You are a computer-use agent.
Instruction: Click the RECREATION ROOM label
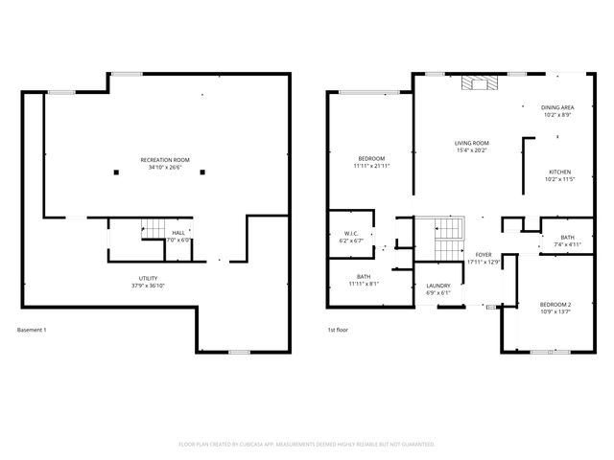165,159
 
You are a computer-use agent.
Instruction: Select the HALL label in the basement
178,233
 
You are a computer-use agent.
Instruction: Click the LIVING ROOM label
472,143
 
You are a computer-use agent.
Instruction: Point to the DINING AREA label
556,107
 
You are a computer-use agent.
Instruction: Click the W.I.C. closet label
351,234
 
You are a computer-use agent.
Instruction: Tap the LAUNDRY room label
438,286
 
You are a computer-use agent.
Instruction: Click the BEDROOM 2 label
556,305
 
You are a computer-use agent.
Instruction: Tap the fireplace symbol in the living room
479,83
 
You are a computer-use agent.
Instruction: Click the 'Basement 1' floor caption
32,331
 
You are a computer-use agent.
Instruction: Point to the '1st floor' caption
337,331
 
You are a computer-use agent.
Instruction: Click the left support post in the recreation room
116,172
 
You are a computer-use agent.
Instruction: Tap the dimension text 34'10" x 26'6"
165,168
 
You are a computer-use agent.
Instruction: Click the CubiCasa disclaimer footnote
307,445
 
